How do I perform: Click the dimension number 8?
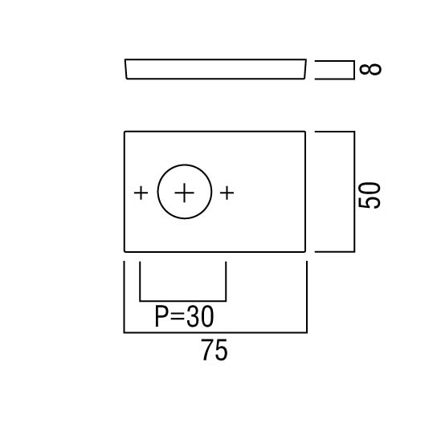pos(370,69)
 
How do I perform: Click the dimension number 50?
pos(369,195)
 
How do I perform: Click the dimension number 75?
pos(214,350)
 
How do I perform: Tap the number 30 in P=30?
pos(200,316)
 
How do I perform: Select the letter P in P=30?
pos(161,316)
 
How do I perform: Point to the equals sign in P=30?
pos(177,317)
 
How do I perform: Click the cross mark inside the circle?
pos(184,193)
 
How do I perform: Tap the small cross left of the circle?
pos(141,193)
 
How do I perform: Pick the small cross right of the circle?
pos(227,193)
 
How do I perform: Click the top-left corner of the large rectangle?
pos(125,132)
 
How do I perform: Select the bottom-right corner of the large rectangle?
pos(305,252)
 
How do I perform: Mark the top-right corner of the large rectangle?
pos(305,132)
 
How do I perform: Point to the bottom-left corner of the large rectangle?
pos(125,252)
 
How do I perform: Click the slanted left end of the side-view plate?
pos(125,69)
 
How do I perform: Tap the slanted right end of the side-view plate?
pos(305,69)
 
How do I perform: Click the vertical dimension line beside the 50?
pos(354,192)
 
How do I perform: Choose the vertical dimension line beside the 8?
pos(354,70)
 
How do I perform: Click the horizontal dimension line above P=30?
pos(183,301)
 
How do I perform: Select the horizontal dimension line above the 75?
pos(215,332)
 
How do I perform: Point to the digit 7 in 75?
pos(208,350)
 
